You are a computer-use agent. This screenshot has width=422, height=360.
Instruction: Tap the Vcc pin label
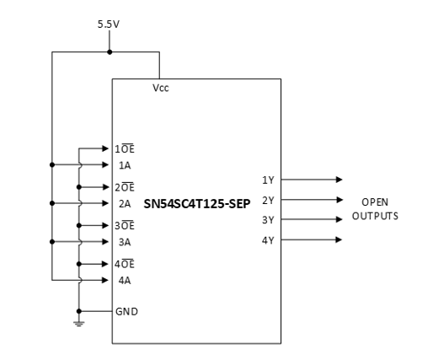[x=160, y=87]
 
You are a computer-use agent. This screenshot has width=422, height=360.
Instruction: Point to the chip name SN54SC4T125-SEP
[x=196, y=203]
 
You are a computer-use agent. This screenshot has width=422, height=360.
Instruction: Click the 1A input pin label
[x=125, y=165]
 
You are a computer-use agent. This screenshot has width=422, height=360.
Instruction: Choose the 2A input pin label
[x=125, y=203]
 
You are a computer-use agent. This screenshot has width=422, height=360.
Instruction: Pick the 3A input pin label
[x=125, y=241]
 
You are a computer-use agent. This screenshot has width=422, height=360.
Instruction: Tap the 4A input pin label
[x=125, y=279]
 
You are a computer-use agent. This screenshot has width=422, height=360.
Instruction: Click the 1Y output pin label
[x=268, y=180]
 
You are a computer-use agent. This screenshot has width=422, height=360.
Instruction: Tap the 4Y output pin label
[x=268, y=240]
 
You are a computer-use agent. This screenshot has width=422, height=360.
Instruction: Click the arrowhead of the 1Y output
[x=339, y=180]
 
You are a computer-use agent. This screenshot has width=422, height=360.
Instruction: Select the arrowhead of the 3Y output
[x=339, y=220]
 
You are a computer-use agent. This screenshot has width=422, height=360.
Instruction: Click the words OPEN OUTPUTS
[x=375, y=209]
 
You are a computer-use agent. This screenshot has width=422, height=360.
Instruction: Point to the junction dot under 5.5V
[x=109, y=52]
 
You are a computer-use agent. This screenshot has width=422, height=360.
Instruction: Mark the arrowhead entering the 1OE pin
[x=106, y=148]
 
